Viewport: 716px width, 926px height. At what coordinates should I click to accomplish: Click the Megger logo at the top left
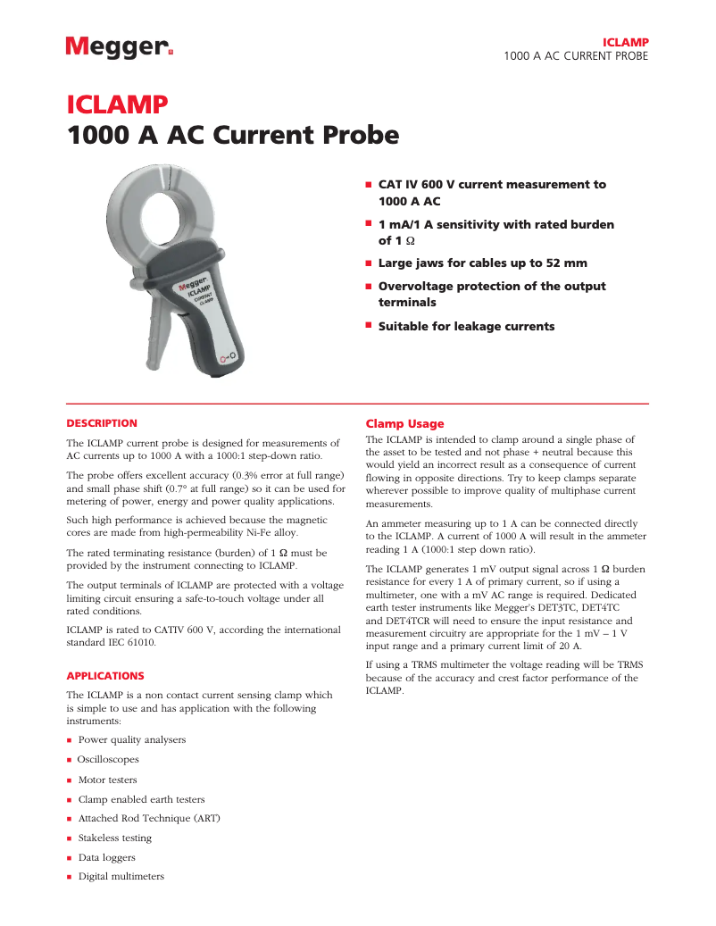(x=119, y=47)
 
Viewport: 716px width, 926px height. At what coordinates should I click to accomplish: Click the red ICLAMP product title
(x=117, y=105)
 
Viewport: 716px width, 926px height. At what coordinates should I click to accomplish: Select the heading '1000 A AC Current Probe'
(x=233, y=136)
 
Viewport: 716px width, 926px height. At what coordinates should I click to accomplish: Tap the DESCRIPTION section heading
(x=103, y=423)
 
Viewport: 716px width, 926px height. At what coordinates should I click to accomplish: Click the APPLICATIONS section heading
(x=105, y=676)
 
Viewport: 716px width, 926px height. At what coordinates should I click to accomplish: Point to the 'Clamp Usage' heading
(x=404, y=423)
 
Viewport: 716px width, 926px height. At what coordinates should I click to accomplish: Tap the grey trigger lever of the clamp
(x=158, y=330)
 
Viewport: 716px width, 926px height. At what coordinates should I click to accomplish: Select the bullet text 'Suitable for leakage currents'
(x=466, y=327)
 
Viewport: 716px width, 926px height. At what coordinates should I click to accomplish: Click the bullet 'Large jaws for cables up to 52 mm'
(x=482, y=263)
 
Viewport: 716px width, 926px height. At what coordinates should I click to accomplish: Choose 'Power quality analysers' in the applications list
(x=132, y=740)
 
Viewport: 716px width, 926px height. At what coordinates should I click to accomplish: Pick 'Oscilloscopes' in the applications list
(x=109, y=760)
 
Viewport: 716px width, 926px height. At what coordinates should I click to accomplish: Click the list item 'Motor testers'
(x=108, y=780)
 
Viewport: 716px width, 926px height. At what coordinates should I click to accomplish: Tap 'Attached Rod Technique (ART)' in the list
(x=149, y=818)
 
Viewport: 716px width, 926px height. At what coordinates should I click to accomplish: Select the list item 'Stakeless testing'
(x=115, y=838)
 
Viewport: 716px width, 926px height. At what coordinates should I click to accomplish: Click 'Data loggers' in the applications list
(x=106, y=857)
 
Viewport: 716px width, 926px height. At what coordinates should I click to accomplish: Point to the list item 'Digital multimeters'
(x=121, y=877)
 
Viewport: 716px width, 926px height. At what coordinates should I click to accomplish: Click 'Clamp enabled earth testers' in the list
(x=141, y=799)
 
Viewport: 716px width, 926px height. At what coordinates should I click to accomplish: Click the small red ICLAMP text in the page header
(x=625, y=42)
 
